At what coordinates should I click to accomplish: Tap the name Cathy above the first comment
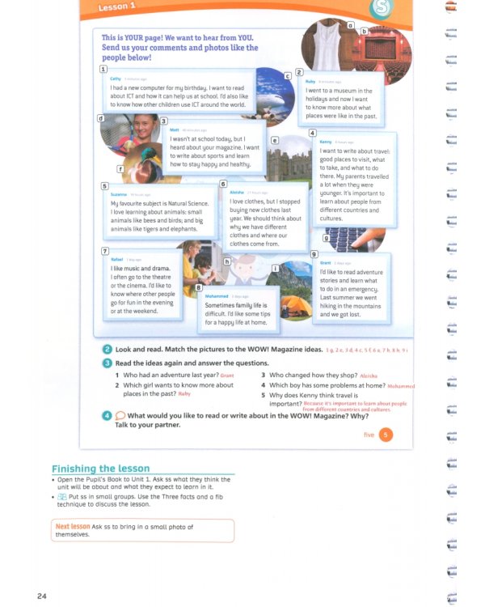click(116, 78)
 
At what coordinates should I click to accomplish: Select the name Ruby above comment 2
click(310, 82)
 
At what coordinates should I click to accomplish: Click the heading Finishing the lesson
click(100, 469)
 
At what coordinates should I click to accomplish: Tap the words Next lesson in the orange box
click(73, 526)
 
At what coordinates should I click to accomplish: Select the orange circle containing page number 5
click(386, 435)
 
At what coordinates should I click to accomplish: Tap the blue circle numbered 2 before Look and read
click(107, 349)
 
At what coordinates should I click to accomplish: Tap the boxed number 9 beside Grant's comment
click(314, 254)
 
